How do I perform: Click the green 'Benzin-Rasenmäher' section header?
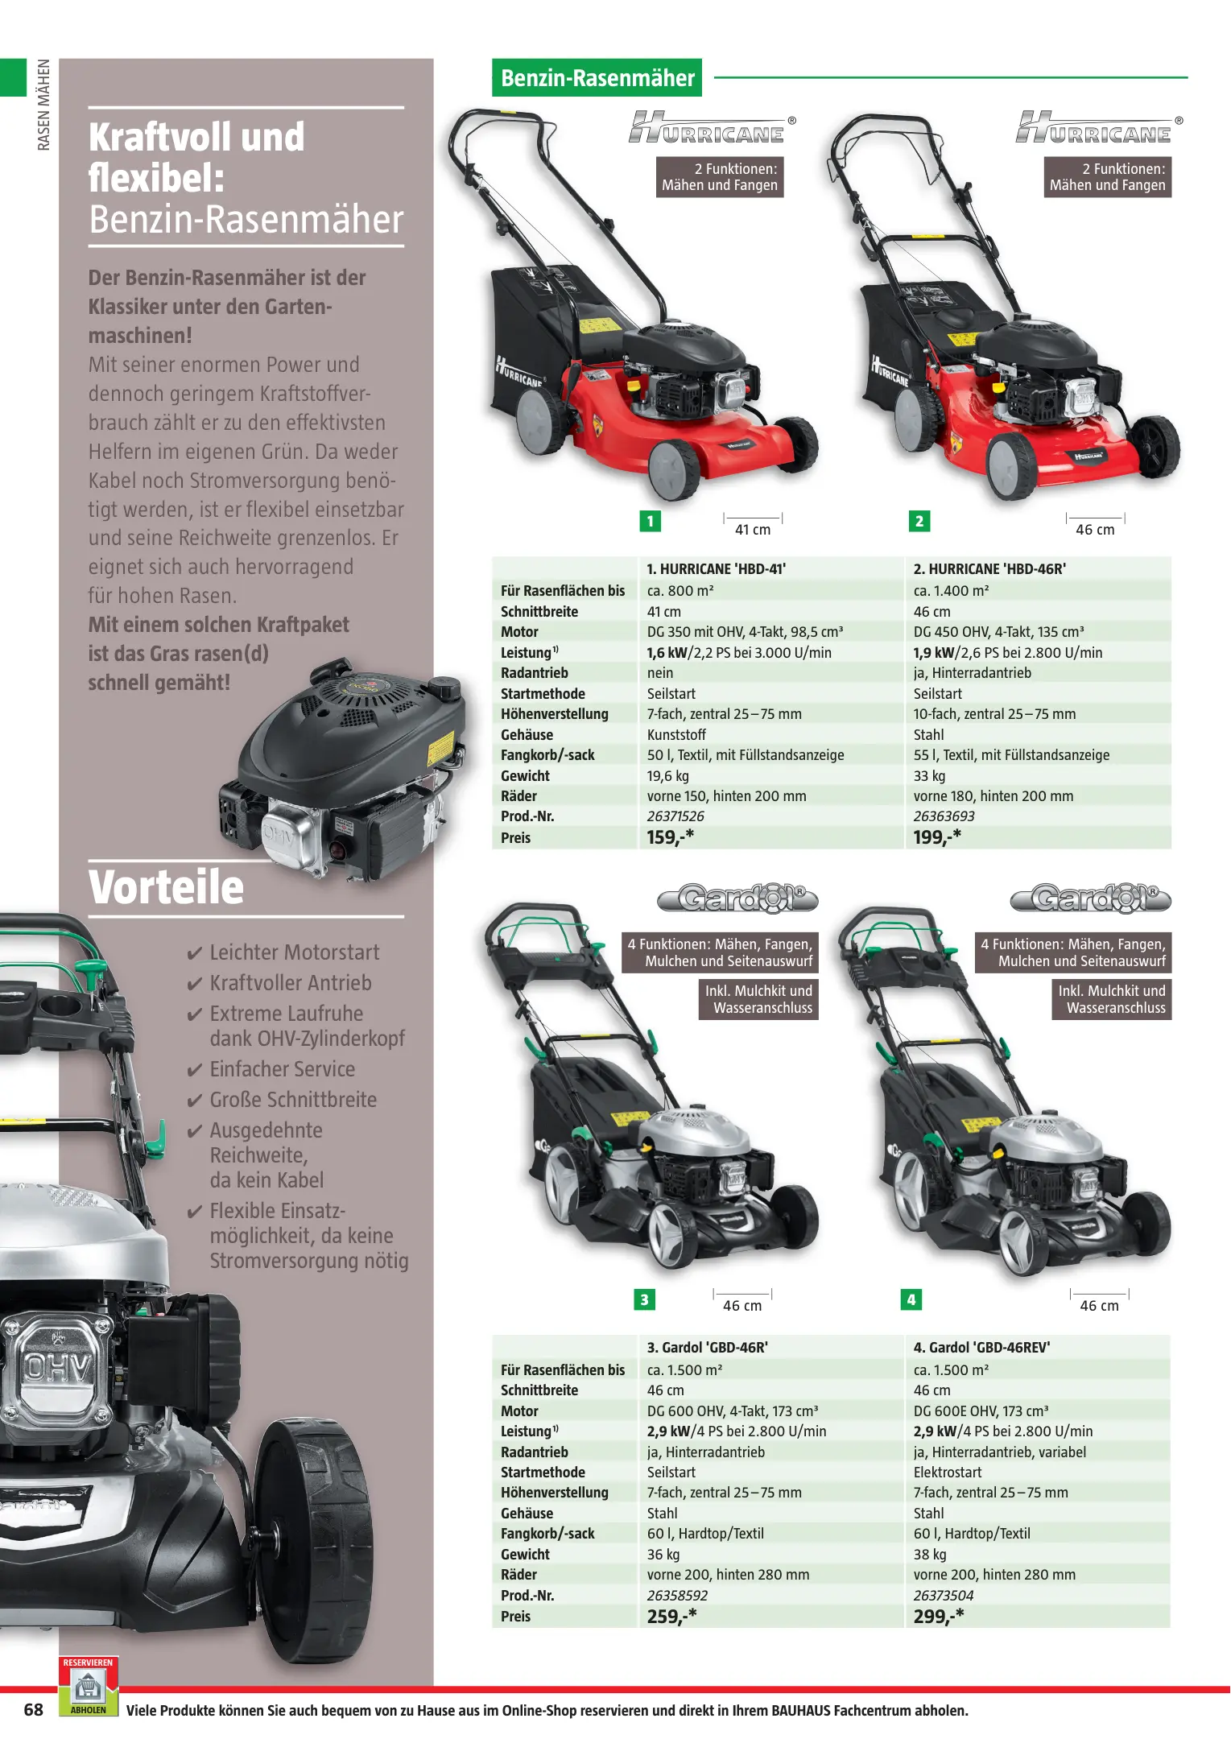597,78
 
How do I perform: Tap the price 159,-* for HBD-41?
670,837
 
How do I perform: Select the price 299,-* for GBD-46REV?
938,1616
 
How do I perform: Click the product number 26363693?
944,816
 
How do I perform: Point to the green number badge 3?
644,1299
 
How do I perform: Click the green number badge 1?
651,521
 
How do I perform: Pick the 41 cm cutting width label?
753,529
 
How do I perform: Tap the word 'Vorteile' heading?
166,887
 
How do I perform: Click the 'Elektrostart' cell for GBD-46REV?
948,1473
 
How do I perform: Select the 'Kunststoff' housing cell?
676,735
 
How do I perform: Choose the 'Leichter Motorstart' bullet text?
295,952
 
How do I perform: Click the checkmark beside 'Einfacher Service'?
194,1071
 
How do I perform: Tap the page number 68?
33,1710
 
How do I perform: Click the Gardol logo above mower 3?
737,898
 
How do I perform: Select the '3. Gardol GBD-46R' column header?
707,1348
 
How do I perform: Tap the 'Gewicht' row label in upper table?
525,776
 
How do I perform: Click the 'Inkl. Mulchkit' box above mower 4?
1111,999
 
